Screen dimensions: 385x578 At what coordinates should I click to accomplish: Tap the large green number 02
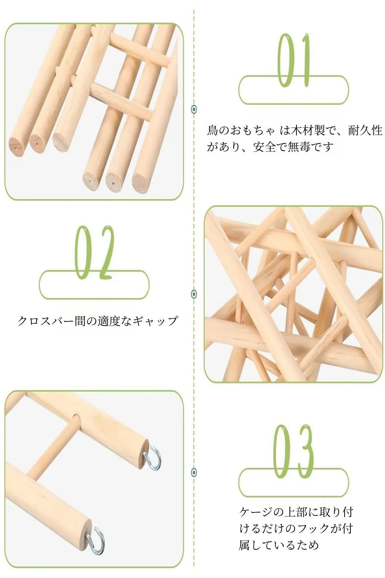94,253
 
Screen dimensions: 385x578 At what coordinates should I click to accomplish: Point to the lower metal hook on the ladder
96,540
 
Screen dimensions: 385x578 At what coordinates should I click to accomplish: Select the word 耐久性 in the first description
365,131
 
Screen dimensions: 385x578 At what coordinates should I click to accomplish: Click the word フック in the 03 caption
312,529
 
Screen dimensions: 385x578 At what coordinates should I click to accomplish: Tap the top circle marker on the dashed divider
194,109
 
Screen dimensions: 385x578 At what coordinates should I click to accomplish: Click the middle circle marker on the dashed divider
194,294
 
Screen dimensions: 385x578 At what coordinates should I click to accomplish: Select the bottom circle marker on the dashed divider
194,472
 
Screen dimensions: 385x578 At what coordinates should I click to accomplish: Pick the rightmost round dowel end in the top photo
141,183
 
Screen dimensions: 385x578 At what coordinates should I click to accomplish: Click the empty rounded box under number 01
293,90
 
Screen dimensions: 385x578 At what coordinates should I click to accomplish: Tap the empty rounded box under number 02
94,284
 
